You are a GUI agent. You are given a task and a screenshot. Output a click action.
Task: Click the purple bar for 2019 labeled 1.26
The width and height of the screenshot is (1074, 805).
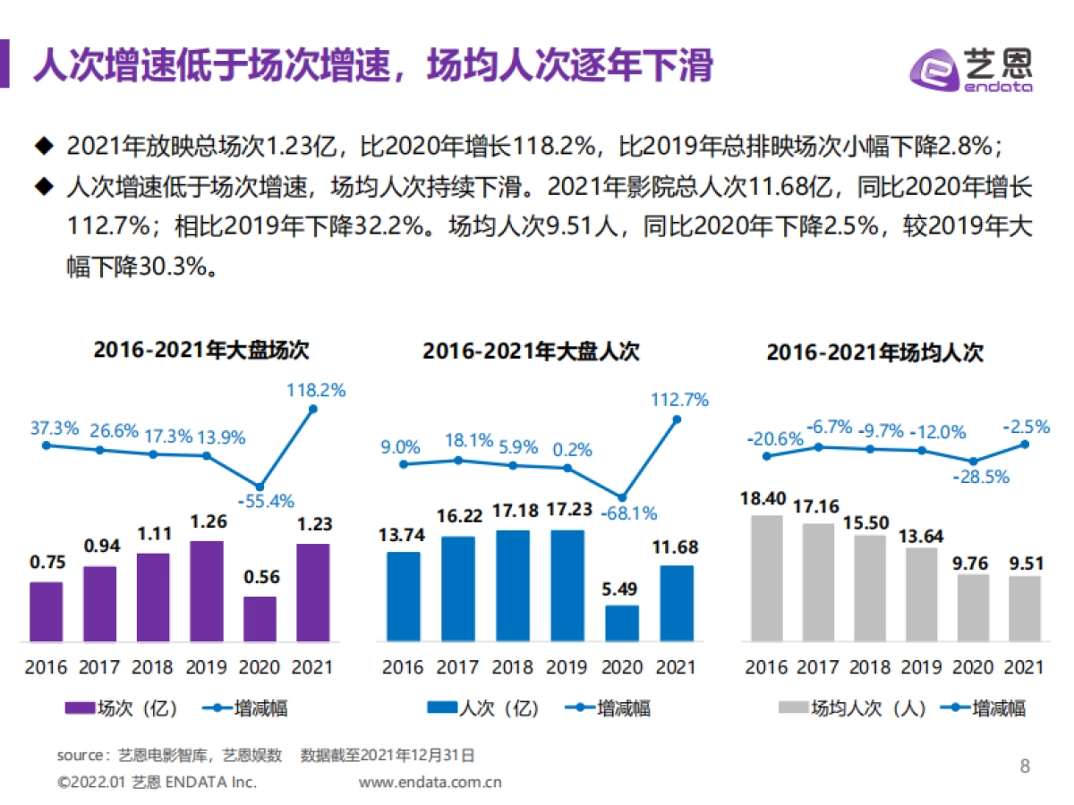pos(207,590)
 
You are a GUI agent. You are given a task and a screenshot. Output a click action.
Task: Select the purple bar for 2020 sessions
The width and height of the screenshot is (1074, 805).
pos(260,618)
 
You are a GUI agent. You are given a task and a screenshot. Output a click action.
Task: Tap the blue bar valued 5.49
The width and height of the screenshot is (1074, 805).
pos(622,623)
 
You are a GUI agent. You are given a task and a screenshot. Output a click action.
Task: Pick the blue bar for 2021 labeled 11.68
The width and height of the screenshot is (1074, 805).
pos(677,602)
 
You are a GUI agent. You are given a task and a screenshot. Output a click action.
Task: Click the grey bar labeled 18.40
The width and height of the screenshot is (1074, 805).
pos(766,578)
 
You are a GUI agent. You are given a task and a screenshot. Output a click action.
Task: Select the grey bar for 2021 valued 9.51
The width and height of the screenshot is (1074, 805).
pos(1024,608)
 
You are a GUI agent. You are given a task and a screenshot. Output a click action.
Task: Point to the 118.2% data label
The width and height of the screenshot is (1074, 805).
pos(315,390)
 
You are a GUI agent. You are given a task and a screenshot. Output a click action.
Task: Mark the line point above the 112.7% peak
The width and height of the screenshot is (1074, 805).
pos(677,419)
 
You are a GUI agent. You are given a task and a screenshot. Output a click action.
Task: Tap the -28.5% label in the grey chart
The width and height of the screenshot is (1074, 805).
pos(979,477)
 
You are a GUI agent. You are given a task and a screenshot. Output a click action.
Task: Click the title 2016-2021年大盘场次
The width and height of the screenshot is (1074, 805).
pos(201,351)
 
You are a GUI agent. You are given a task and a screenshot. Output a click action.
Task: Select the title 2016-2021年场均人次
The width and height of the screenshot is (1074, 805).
pos(874,352)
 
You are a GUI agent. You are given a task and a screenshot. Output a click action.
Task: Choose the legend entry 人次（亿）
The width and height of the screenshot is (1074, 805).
pos(483,708)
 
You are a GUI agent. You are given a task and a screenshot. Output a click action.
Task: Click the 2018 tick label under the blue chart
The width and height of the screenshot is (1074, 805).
pos(512,667)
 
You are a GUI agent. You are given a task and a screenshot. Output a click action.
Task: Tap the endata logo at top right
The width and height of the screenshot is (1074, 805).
pos(970,67)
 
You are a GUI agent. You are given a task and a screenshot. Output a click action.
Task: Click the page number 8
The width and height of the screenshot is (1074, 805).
pos(1025,766)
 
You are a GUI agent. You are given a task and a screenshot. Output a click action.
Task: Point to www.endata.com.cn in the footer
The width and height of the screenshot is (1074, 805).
pos(430,782)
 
